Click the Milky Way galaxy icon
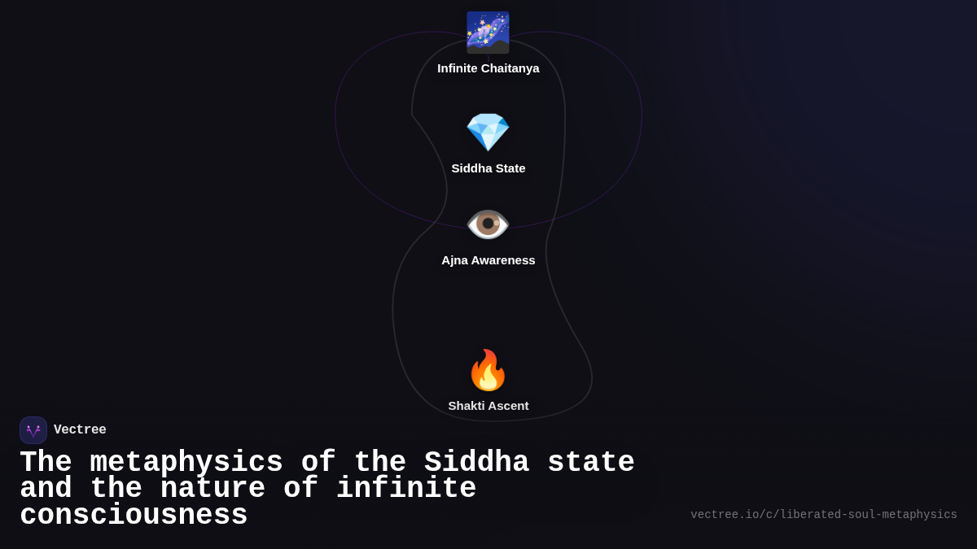488,33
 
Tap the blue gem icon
488,132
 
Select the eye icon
488,224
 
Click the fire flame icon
488,370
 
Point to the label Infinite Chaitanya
488,68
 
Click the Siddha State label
488,168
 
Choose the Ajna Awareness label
488,260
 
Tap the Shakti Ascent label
488,406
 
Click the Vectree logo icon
33,430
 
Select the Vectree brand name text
80,430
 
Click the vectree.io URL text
823,515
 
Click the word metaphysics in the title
186,463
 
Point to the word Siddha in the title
476,463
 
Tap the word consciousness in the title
134,516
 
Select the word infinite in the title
405,489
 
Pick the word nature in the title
212,489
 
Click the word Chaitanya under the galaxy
510,68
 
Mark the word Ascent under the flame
509,406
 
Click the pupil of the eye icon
488,224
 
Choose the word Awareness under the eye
502,260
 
